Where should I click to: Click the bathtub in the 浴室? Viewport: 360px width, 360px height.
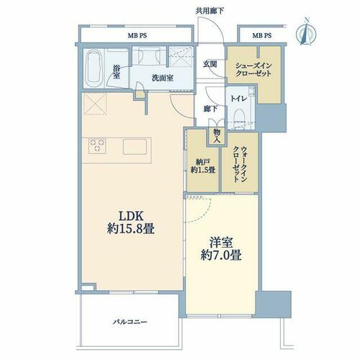[x=94, y=68]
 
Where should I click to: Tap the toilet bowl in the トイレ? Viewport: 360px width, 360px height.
[x=239, y=117]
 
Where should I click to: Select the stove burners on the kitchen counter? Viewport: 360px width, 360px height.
[x=97, y=145]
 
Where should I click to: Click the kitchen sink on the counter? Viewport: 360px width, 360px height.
[x=135, y=146]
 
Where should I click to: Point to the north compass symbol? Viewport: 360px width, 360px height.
[x=306, y=32]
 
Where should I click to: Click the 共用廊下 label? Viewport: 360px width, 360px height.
[x=210, y=11]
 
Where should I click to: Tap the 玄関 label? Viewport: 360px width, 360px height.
[x=210, y=64]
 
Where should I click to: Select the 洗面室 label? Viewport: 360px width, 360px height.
[x=163, y=78]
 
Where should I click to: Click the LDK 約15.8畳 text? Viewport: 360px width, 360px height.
[x=131, y=222]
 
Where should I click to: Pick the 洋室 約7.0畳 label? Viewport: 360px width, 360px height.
[x=221, y=249]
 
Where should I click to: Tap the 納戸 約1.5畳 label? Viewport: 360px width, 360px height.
[x=203, y=166]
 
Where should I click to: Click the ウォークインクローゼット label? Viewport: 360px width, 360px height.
[x=240, y=164]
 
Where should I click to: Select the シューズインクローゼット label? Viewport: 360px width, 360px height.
[x=253, y=69]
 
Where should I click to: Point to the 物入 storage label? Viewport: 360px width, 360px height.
[x=217, y=135]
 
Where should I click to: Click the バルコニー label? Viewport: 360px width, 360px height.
[x=130, y=322]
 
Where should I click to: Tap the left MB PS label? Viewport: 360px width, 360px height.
[x=137, y=36]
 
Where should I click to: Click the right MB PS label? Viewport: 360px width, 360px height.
[x=262, y=35]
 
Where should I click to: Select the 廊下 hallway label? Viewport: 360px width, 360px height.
[x=210, y=109]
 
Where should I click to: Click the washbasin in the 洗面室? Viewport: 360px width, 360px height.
[x=146, y=56]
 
